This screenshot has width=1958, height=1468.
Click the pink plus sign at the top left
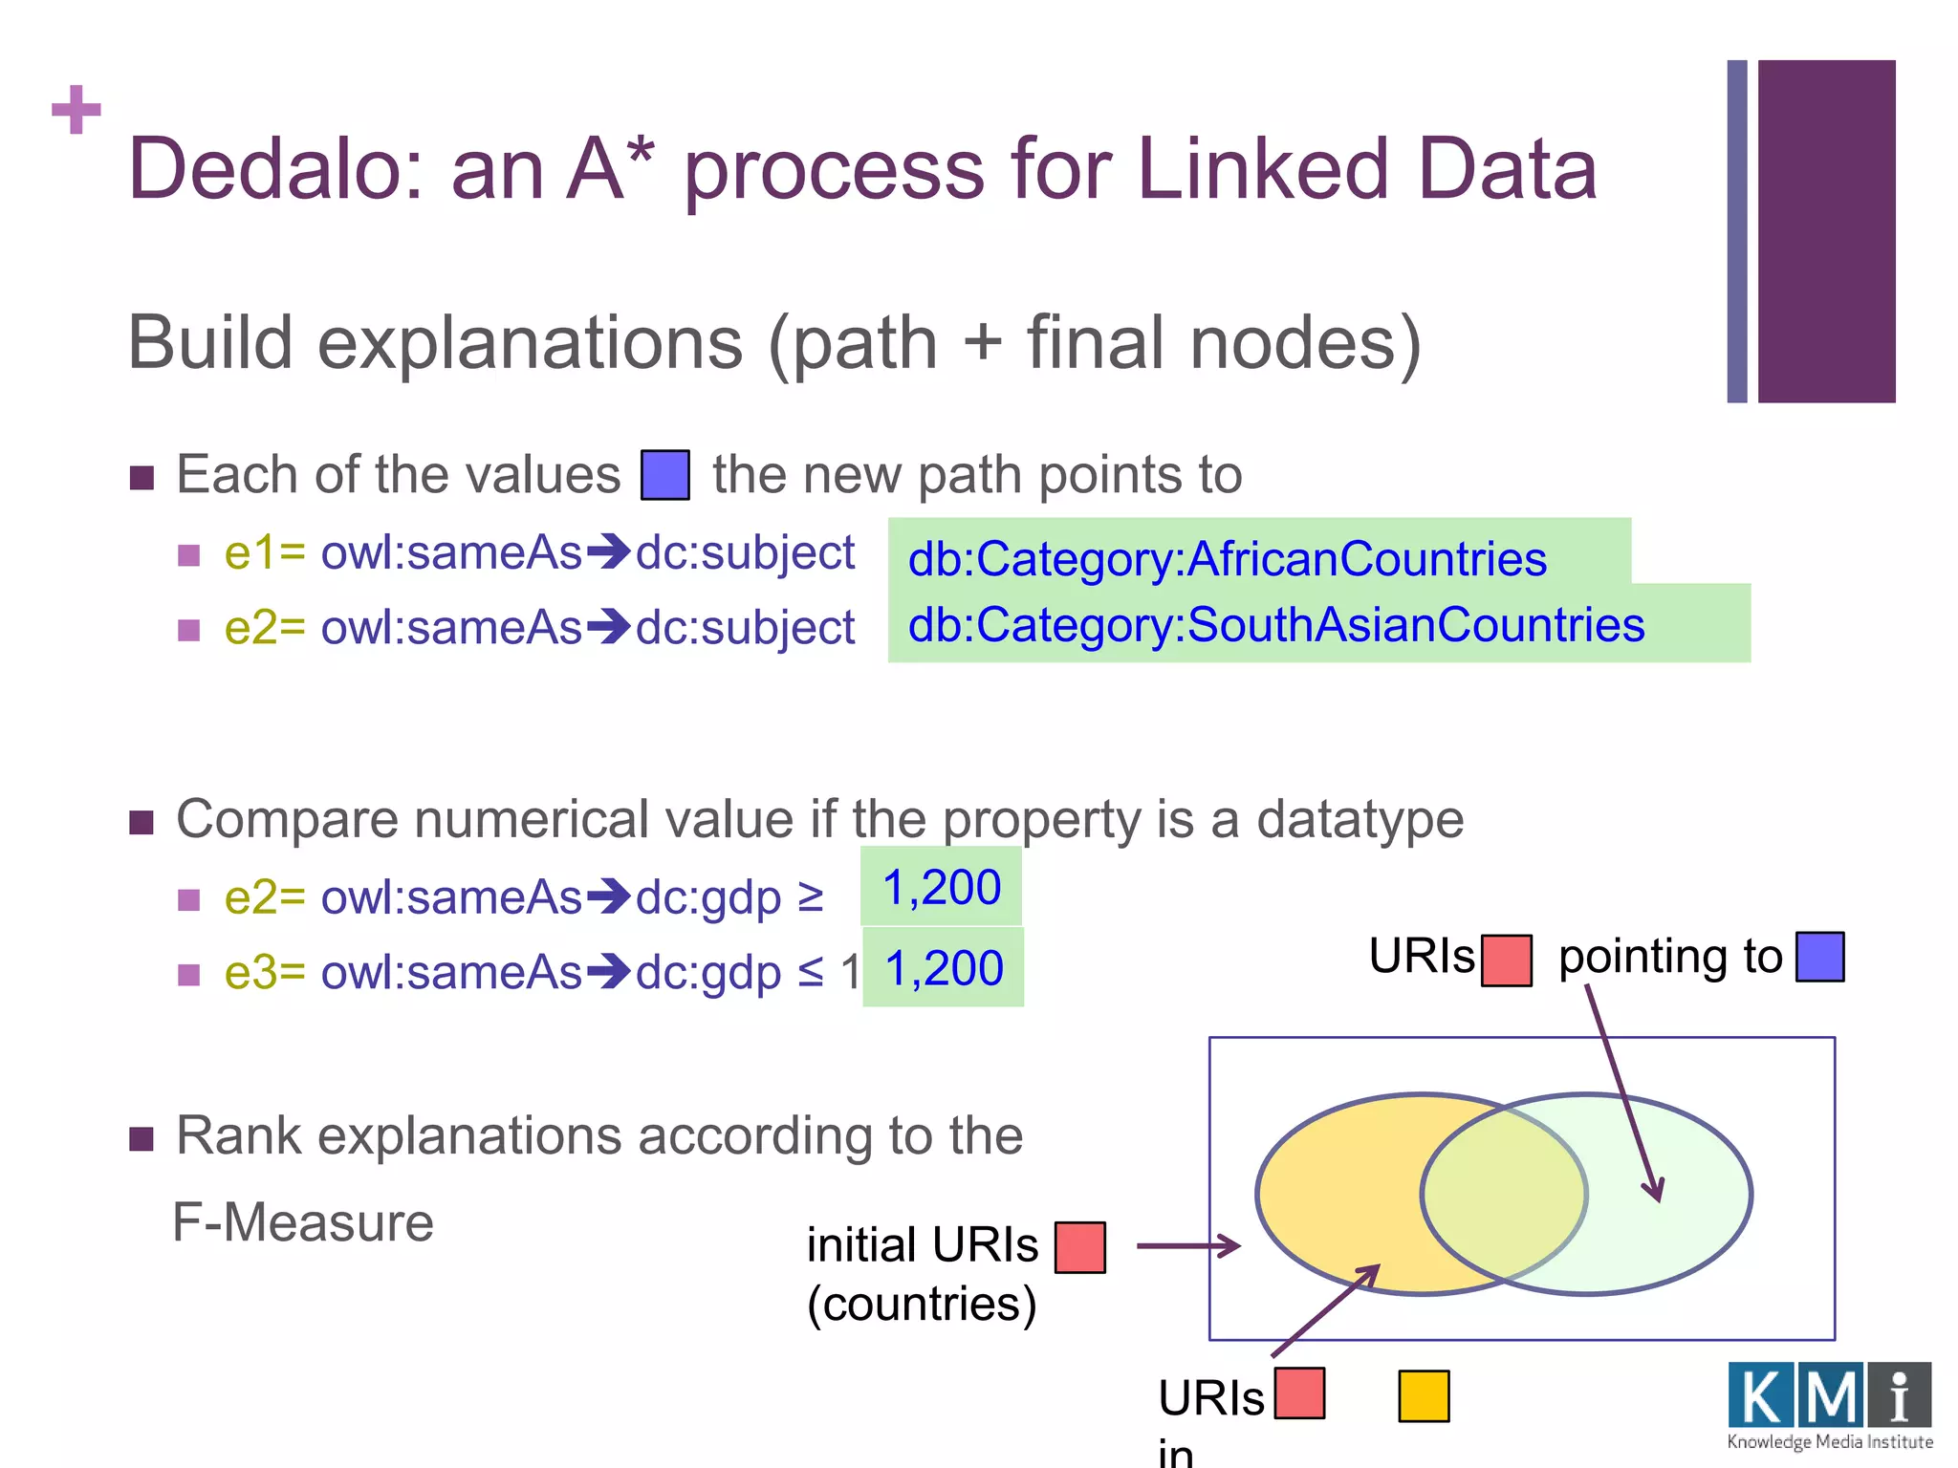point(76,110)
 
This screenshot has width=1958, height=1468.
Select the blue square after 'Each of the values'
point(664,475)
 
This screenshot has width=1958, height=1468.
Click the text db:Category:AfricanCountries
point(1227,559)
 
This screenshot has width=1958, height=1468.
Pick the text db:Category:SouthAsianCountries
point(1275,625)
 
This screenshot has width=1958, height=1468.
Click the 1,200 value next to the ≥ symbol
point(942,887)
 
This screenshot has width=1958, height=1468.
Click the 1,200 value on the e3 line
point(944,968)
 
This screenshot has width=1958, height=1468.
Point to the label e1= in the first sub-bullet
point(264,553)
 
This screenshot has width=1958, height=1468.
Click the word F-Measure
point(302,1222)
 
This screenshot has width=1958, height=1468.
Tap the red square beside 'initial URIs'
point(1079,1247)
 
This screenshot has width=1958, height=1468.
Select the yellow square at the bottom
point(1423,1396)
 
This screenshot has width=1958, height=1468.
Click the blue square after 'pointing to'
point(1819,957)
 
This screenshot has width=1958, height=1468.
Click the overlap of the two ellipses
point(1503,1194)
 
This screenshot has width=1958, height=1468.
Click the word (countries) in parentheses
point(921,1305)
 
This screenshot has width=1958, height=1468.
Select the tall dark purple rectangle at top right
point(1826,231)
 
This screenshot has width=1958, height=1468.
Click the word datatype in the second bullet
point(1359,820)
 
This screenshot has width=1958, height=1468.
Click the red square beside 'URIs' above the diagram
point(1506,960)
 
